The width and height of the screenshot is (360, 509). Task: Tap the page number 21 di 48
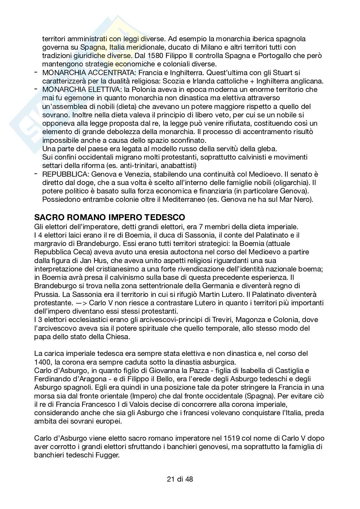pyautogui.click(x=180, y=479)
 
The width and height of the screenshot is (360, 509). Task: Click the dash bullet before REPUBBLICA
pyautogui.click(x=35, y=174)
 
